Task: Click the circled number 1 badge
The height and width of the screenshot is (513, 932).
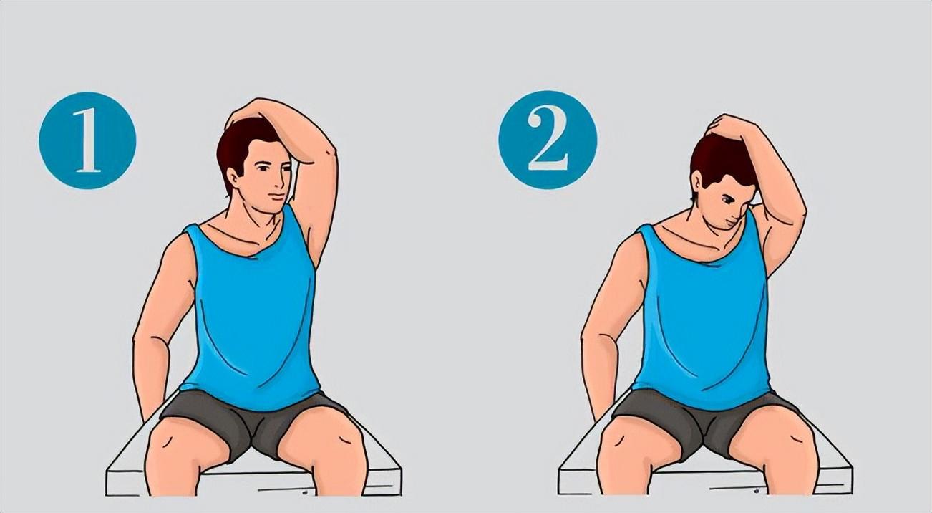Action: pos(87,140)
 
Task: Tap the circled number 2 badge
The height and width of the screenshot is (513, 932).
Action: pos(548,140)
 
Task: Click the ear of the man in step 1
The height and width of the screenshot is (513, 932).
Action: pos(233,178)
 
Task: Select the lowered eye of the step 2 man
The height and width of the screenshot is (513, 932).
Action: pos(729,201)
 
